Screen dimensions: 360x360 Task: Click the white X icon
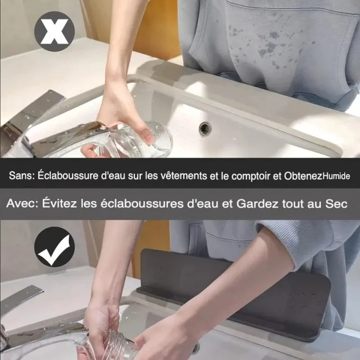click(x=55, y=31)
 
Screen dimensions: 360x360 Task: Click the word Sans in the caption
click(x=21, y=175)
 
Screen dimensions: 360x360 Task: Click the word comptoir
click(x=251, y=176)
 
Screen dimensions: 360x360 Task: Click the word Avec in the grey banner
click(x=22, y=204)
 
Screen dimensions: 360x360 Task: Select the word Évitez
click(x=59, y=203)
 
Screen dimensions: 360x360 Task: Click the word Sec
click(x=336, y=204)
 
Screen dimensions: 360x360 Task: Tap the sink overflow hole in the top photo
click(x=205, y=129)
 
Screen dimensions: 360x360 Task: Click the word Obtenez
click(x=303, y=176)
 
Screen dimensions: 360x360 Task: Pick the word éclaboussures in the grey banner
click(x=142, y=203)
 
